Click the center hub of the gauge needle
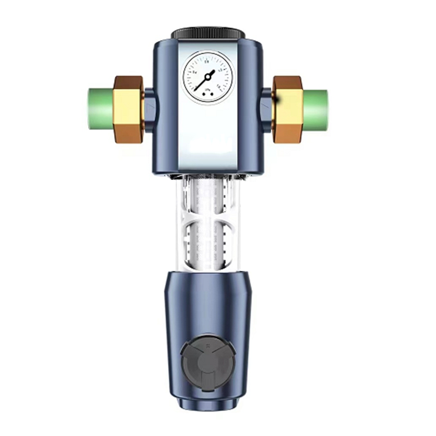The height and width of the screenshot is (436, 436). pos(208,77)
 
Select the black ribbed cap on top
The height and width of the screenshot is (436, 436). pos(208,33)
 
